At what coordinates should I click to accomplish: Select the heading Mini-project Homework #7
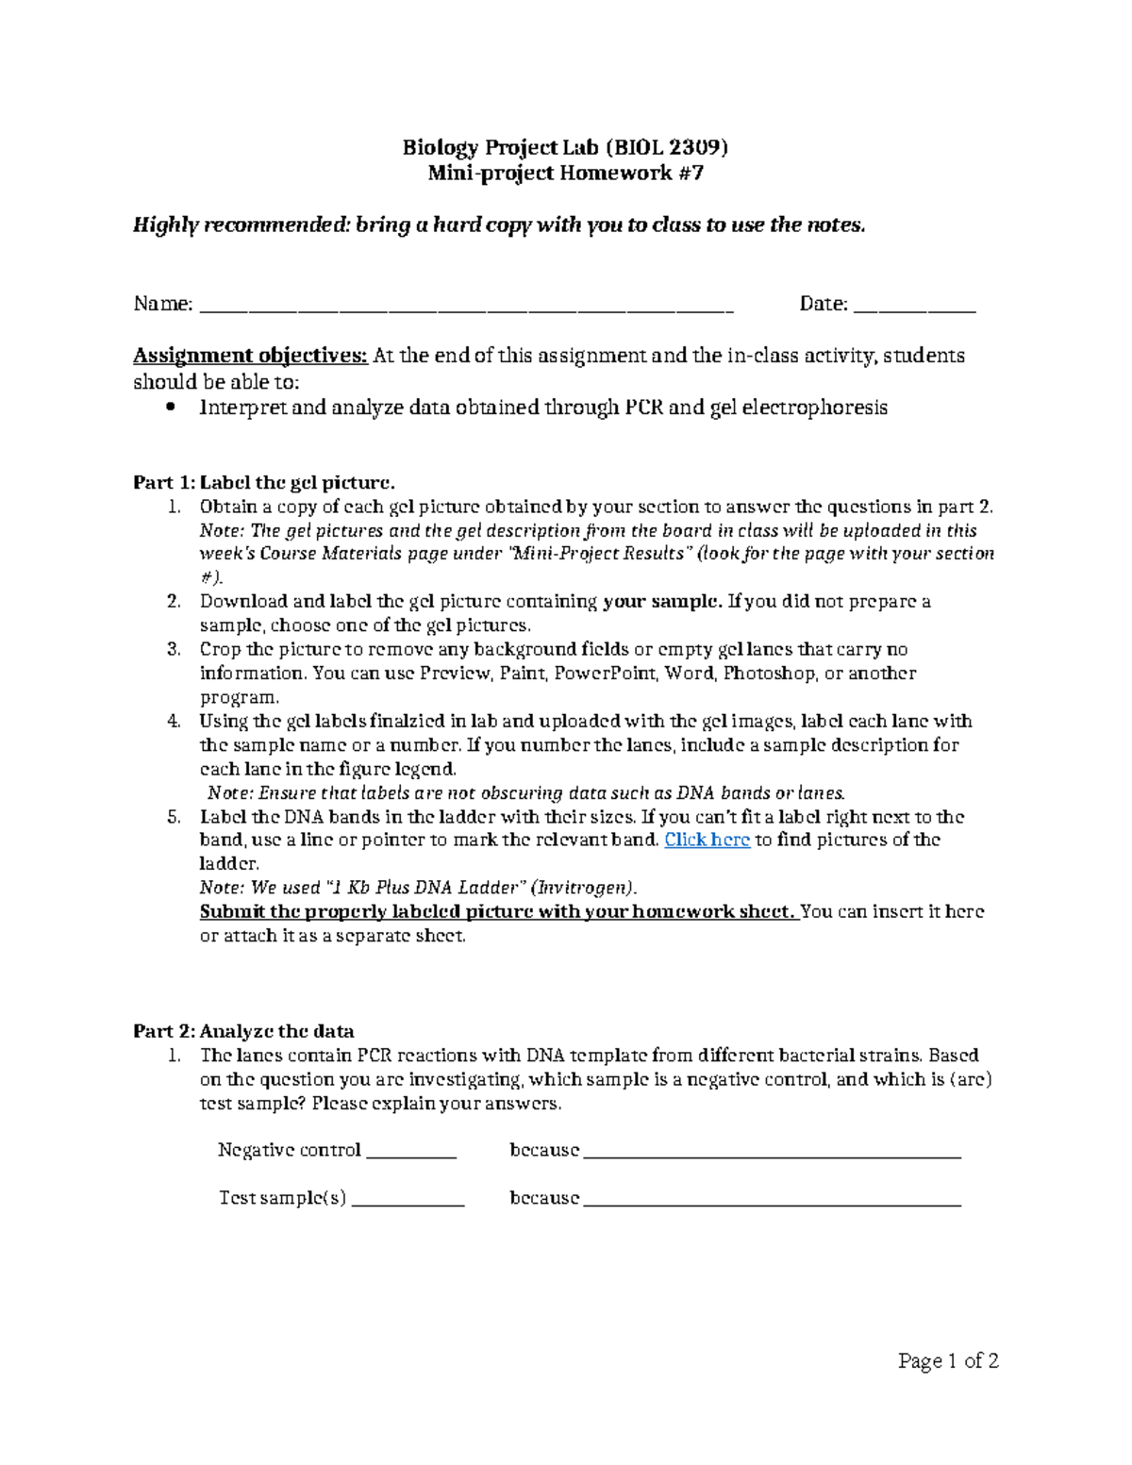click(x=565, y=174)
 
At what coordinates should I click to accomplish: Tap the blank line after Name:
click(x=467, y=308)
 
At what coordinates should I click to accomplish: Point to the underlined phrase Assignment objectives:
click(x=250, y=356)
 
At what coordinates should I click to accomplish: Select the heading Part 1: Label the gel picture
click(x=258, y=483)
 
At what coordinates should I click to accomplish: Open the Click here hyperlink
click(x=707, y=840)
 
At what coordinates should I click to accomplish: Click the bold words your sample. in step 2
click(x=663, y=602)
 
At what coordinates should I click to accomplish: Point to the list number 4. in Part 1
click(x=174, y=722)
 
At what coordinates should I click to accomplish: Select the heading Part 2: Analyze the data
click(x=243, y=1031)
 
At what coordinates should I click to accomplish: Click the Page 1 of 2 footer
click(x=948, y=1360)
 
